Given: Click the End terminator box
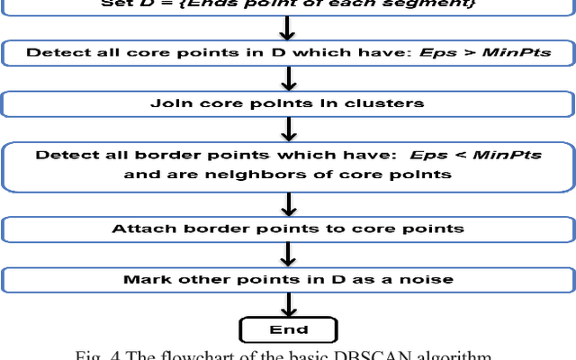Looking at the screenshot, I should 288,328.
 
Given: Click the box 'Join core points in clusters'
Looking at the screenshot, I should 288,103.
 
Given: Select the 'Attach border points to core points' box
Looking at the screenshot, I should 288,229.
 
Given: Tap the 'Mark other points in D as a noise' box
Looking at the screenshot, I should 288,279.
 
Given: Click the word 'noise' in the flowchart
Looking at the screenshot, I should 431,279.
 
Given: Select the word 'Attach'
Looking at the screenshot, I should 139,229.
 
